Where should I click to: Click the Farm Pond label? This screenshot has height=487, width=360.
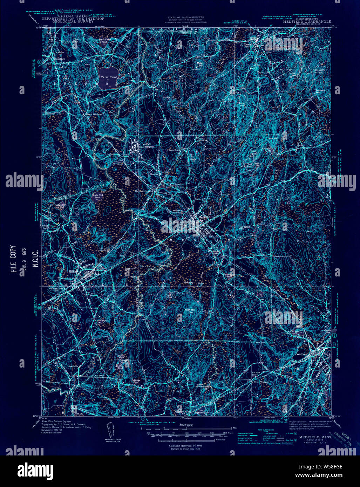click(x=108, y=76)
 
